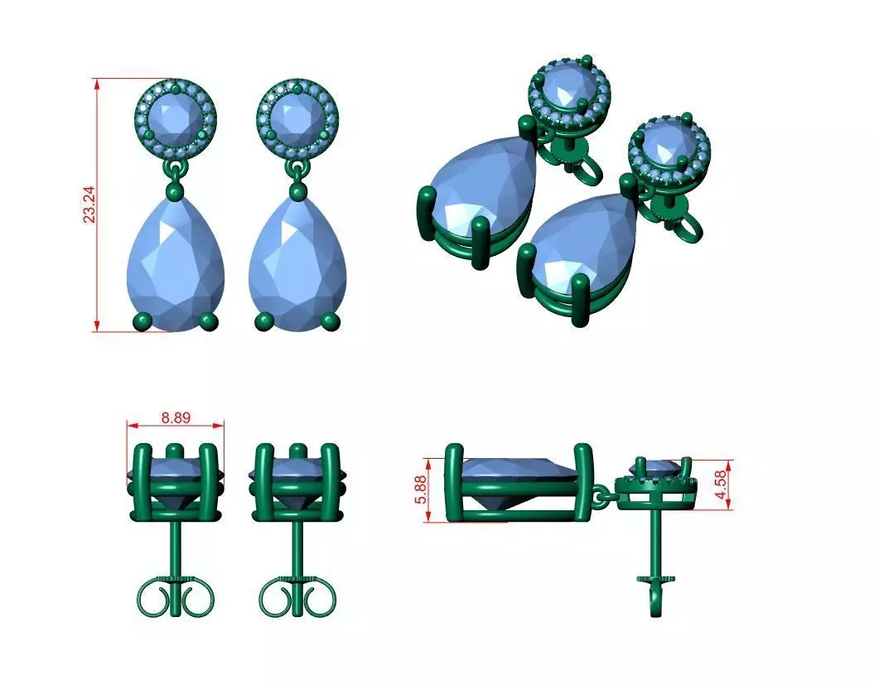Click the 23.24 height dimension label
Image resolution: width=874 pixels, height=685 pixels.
tap(89, 204)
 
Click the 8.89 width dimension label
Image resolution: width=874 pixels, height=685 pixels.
tap(176, 417)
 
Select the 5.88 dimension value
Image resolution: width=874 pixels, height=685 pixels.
tap(422, 490)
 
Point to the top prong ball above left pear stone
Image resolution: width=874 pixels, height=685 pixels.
tap(175, 192)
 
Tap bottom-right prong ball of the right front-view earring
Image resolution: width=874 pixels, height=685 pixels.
tap(331, 321)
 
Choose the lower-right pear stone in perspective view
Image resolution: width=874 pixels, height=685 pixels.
tap(580, 240)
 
